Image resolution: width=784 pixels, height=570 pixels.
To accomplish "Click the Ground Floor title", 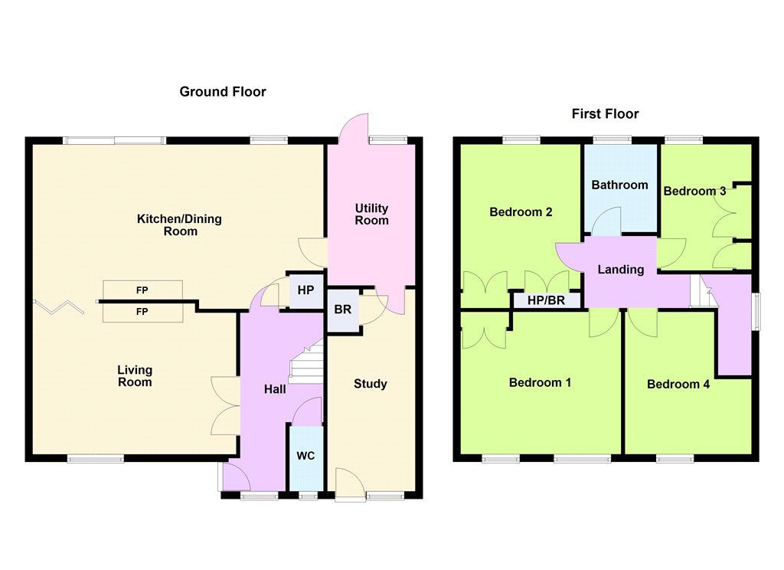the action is coord(223,92).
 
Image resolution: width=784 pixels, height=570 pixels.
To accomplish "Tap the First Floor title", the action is coord(605,113).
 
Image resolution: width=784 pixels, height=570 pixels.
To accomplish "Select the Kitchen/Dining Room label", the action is coord(179,224).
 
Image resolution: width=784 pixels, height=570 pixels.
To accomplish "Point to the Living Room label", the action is coord(135,376).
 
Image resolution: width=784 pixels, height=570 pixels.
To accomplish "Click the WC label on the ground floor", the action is coord(305,455).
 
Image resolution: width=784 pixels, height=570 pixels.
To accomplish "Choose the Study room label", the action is coord(371,384).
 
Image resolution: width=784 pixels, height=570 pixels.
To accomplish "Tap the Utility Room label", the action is coord(371,215).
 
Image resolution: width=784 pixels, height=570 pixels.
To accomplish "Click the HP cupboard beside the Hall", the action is coord(306,290).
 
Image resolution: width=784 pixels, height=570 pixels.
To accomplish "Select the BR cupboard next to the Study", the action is coord(343,310).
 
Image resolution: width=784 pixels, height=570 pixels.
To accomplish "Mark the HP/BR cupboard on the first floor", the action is coord(547,300).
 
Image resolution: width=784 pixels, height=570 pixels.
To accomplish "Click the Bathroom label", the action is coord(619,185).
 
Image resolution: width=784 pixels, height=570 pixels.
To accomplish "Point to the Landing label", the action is coord(621,270).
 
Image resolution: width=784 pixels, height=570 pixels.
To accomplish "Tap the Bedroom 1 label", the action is coord(540,383).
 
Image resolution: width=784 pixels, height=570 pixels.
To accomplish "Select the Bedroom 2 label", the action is coord(521,212).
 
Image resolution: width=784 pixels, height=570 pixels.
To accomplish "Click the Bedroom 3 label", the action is coord(694,192).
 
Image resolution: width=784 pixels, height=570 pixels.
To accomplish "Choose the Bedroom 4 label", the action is coord(678,385).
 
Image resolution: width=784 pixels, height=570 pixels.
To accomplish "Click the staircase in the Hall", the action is coord(306,362).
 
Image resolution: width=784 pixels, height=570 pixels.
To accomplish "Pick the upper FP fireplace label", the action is coord(142,290).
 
